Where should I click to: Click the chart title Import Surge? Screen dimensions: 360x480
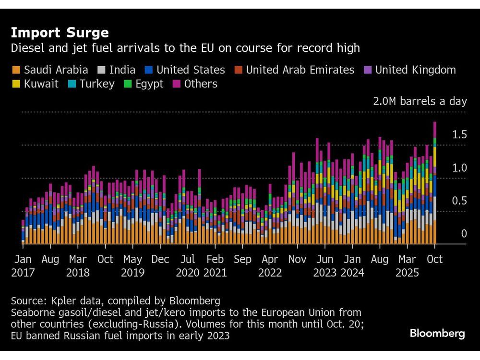[x=60, y=33]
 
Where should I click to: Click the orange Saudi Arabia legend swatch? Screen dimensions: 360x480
[x=16, y=70]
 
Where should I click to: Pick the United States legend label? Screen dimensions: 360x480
[x=191, y=70]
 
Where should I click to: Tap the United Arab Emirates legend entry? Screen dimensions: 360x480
[x=300, y=70]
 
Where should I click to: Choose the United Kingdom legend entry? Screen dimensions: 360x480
[x=415, y=70]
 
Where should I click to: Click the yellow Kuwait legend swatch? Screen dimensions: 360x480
[x=16, y=84]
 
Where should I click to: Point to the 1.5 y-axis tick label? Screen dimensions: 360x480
[x=459, y=135]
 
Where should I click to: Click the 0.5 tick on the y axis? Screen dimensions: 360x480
[x=459, y=201]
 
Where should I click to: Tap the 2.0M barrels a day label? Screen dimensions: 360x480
[x=420, y=101]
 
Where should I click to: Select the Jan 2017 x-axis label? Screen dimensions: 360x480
[x=24, y=266]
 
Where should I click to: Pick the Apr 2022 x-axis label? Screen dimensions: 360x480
[x=270, y=266]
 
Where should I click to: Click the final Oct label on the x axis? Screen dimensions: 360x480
[x=434, y=259]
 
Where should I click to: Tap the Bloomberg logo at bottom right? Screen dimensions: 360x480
[x=437, y=334]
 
